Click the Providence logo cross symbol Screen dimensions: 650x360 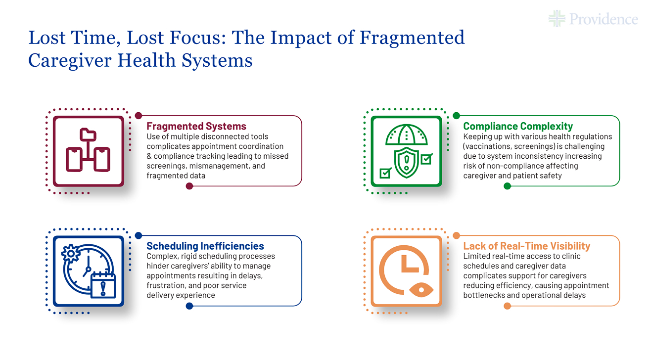point(557,19)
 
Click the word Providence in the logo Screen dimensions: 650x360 point(604,19)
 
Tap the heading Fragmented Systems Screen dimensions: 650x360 point(196,126)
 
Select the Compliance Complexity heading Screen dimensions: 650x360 point(518,126)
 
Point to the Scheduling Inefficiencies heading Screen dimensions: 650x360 point(205,246)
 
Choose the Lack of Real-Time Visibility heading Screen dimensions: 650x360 point(527,246)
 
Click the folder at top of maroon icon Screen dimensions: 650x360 point(88,135)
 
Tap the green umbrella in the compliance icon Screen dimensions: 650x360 point(406,135)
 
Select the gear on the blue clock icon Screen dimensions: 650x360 point(71,254)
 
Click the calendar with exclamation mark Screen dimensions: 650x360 point(103,285)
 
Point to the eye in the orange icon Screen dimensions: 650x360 point(421,290)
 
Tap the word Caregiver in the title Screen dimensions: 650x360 point(70,61)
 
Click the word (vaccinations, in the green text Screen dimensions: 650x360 point(486,146)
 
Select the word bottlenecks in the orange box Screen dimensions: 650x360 point(484,295)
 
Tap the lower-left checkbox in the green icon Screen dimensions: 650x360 point(385,173)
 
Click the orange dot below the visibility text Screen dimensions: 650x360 point(507,306)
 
